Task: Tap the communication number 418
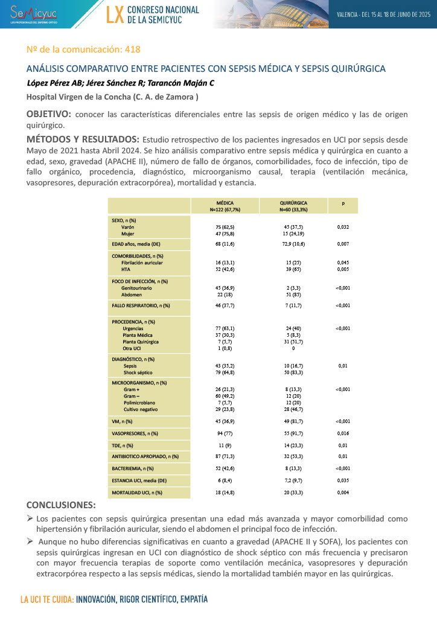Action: pos(132,49)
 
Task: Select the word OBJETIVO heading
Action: pos(48,114)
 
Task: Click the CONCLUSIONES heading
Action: pos(61,505)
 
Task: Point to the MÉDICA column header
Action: pos(225,203)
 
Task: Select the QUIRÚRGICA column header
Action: pos(293,203)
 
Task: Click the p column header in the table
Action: pos(343,204)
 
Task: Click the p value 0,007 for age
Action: pos(343,244)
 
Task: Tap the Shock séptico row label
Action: pos(136,372)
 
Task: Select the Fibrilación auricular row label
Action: pos(142,263)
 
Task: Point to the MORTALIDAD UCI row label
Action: pos(137,493)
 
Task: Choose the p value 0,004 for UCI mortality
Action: pos(343,493)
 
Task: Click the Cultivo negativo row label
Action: pos(140,409)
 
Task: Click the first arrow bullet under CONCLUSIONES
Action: pos(30,518)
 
